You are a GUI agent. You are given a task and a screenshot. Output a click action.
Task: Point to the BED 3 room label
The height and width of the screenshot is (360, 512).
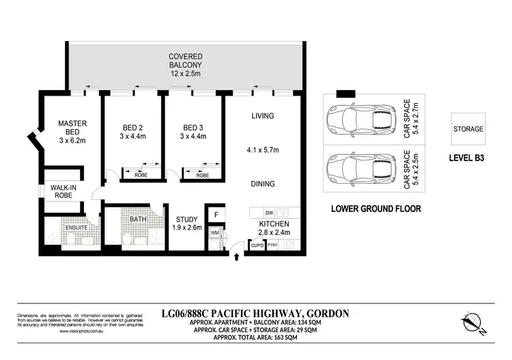pos(193,128)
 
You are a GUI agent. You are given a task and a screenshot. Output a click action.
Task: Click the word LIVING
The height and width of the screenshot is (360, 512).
pos(262,116)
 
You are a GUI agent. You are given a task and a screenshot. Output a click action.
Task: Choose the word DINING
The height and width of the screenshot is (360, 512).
pos(262,184)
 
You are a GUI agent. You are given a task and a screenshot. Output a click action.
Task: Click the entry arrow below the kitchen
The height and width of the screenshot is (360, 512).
pos(237,258)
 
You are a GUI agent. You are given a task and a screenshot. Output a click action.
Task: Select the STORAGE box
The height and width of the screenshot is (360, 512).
pos(468,128)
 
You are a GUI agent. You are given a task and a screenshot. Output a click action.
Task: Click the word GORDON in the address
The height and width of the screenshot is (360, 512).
pos(327,314)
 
